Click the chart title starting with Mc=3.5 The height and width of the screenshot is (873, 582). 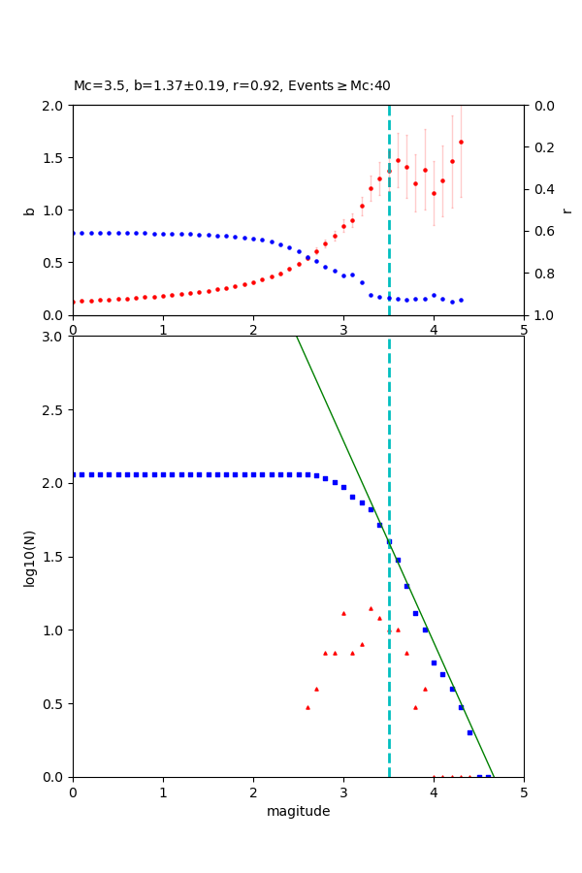point(232,86)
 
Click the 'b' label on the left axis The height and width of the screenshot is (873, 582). point(29,210)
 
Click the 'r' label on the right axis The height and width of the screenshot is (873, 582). point(567,210)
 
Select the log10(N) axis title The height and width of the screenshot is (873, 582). point(29,557)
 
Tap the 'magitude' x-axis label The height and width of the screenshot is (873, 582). point(298,812)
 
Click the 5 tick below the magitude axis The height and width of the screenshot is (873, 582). point(524,792)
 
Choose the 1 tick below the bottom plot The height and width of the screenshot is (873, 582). point(163,792)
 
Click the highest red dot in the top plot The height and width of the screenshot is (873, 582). point(461,142)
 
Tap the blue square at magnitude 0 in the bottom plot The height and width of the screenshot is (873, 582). point(73,474)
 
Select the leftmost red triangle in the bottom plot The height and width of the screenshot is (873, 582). point(307,707)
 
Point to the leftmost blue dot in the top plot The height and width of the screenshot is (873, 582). point(73,233)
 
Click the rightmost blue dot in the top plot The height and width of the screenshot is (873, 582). point(461,300)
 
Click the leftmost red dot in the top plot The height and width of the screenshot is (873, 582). point(73,302)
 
